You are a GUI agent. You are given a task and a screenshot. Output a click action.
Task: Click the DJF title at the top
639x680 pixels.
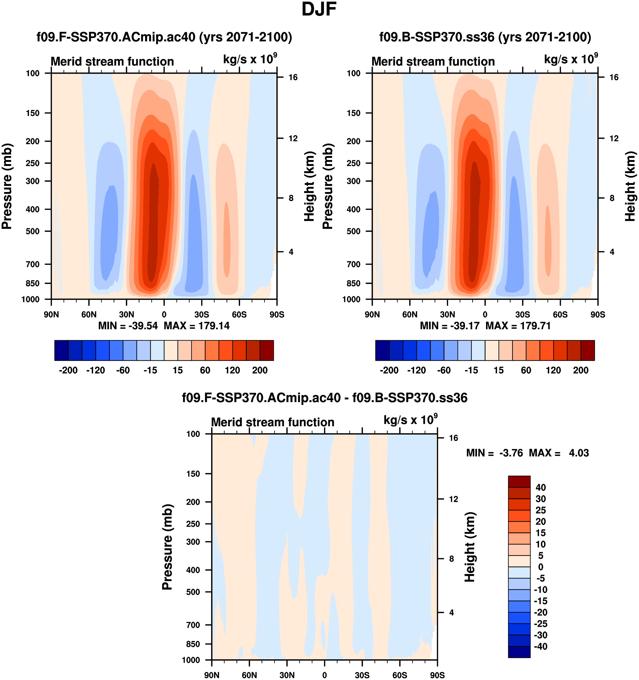319,10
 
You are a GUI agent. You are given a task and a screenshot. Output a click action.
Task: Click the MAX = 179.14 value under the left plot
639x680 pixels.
196,326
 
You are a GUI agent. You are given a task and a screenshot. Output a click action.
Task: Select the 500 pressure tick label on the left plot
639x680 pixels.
33,231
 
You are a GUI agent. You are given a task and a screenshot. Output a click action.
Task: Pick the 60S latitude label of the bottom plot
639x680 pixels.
400,675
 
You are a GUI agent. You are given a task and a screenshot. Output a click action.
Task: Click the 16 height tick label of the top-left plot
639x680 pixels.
293,77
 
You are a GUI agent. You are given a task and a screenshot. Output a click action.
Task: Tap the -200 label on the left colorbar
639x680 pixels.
68,370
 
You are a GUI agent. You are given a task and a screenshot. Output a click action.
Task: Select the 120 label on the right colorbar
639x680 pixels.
553,370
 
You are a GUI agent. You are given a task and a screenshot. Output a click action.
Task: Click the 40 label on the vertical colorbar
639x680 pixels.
540,487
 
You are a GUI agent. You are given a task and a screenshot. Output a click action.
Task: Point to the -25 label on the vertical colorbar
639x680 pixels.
540,624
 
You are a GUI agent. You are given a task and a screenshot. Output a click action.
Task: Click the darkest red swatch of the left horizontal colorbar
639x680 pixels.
267,350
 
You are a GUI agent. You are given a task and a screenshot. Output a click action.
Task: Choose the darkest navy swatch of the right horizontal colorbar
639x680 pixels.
382,350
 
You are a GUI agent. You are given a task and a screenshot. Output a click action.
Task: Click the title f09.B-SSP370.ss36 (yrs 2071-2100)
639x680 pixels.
485,37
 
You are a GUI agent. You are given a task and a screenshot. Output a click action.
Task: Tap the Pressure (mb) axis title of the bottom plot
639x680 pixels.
167,547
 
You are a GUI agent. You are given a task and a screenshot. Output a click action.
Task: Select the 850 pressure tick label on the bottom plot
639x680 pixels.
193,644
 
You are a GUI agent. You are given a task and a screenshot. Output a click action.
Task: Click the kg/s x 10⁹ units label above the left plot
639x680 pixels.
250,59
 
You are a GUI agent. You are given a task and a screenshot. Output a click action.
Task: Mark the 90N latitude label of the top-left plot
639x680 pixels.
51,314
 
